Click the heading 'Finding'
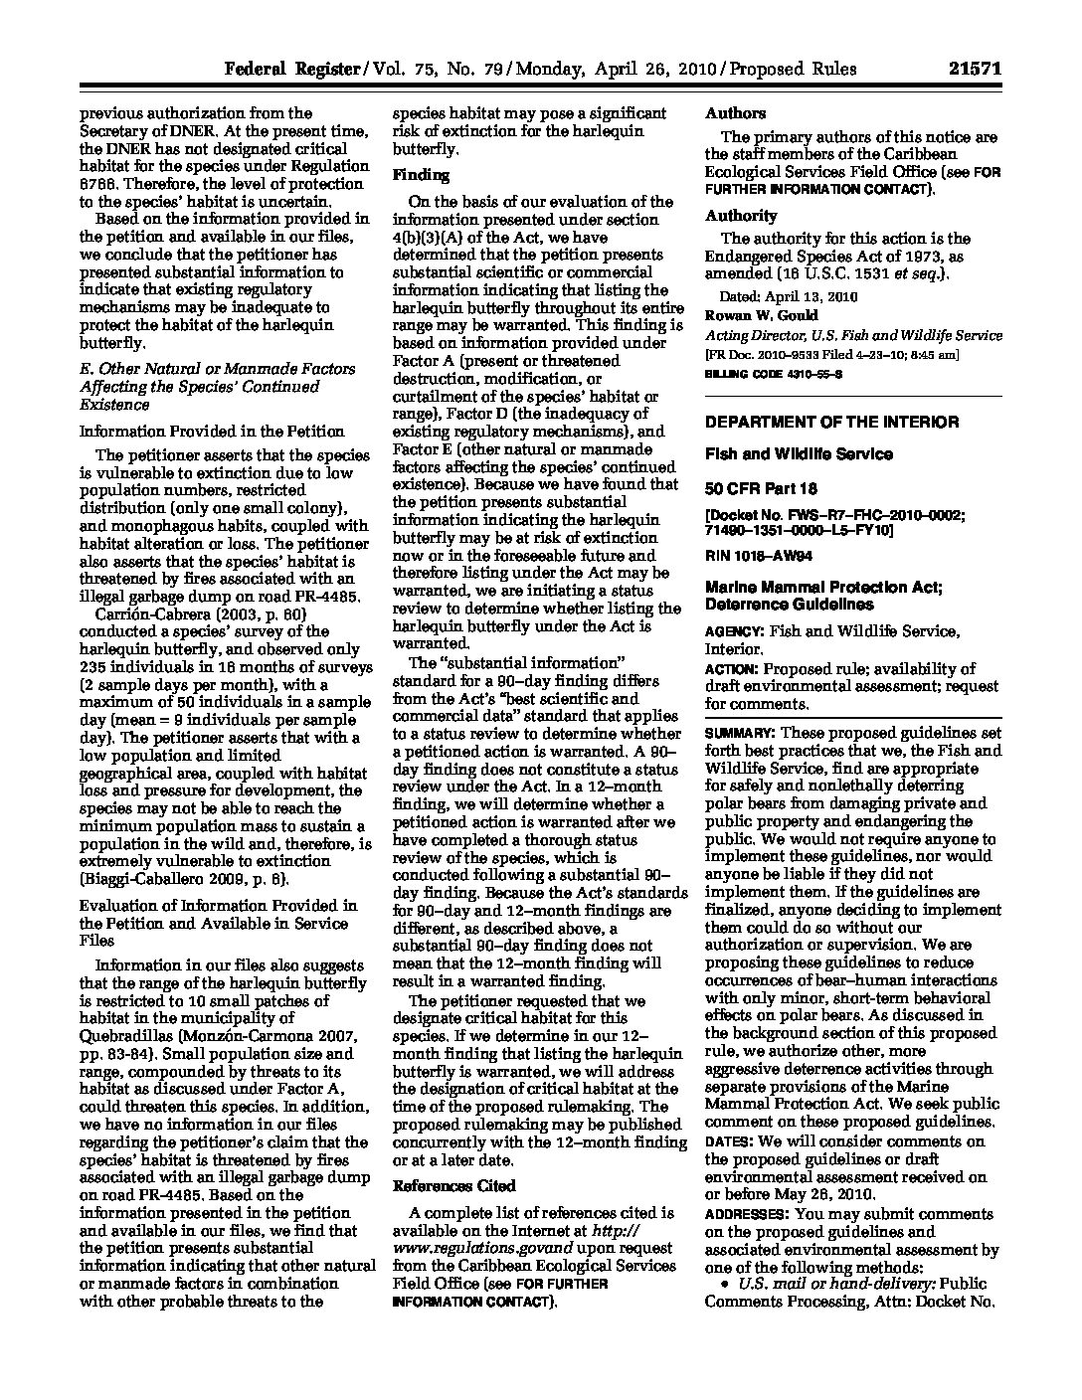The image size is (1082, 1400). point(421,176)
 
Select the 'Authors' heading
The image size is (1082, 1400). point(735,113)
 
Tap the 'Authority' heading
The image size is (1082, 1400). point(741,215)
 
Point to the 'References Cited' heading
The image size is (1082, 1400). point(454,1186)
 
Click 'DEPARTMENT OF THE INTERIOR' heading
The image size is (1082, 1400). point(831,422)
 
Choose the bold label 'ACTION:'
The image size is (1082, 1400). point(733,669)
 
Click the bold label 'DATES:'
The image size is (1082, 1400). point(730,1141)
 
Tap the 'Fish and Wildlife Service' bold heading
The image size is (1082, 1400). point(799,454)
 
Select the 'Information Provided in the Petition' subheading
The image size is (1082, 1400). point(212,432)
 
